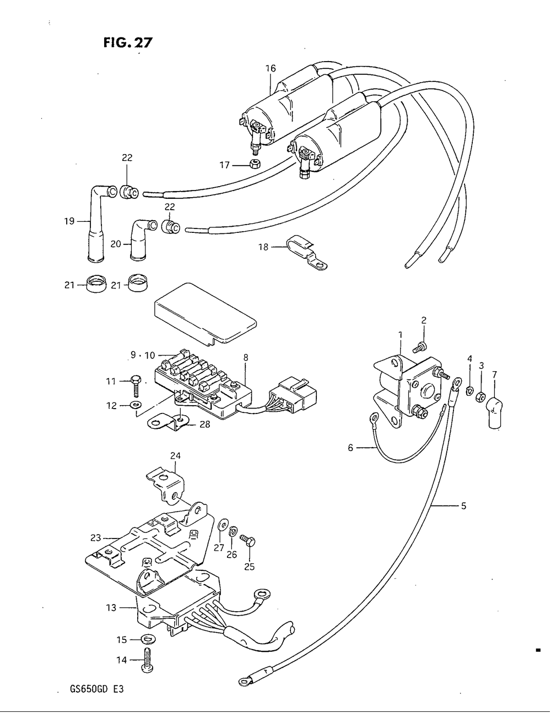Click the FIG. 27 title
click(128, 42)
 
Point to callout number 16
click(271, 68)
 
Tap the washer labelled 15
click(148, 640)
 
